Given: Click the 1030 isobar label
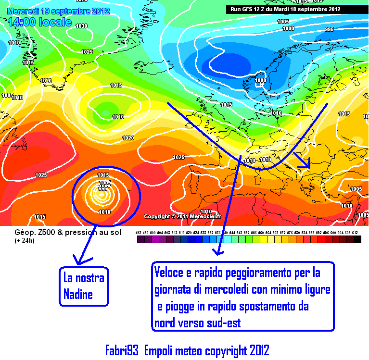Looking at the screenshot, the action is pyautogui.click(x=82, y=26).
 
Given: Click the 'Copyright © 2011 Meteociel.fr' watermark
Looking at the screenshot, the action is pyautogui.click(x=182, y=216).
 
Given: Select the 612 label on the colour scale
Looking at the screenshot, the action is pyautogui.click(x=355, y=233).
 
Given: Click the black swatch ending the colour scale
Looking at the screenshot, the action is pyautogui.click(x=357, y=239).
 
